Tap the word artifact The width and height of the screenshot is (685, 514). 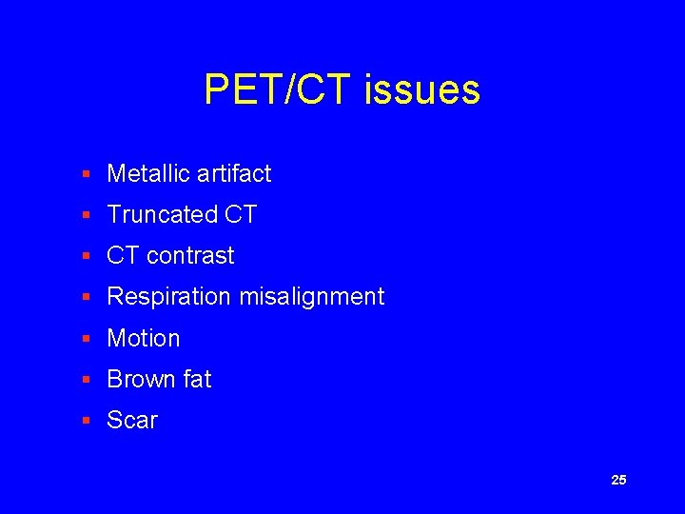click(234, 173)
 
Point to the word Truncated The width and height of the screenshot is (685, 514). click(162, 214)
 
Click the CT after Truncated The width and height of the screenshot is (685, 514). click(241, 214)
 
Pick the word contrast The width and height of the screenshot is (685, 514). click(190, 255)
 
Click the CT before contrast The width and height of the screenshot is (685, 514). click(123, 255)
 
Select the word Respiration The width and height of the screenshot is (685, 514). click(169, 297)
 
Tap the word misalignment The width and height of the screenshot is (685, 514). click(311, 297)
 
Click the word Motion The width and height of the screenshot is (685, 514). click(144, 338)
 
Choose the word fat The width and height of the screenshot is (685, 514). click(195, 379)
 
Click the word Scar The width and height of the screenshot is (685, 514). click(132, 420)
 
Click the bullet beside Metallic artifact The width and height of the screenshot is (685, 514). click(86, 174)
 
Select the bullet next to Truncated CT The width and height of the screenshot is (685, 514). click(86, 215)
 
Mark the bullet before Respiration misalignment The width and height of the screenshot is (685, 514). click(86, 297)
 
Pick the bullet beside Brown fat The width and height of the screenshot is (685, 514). click(86, 380)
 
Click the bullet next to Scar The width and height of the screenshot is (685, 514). click(86, 421)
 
